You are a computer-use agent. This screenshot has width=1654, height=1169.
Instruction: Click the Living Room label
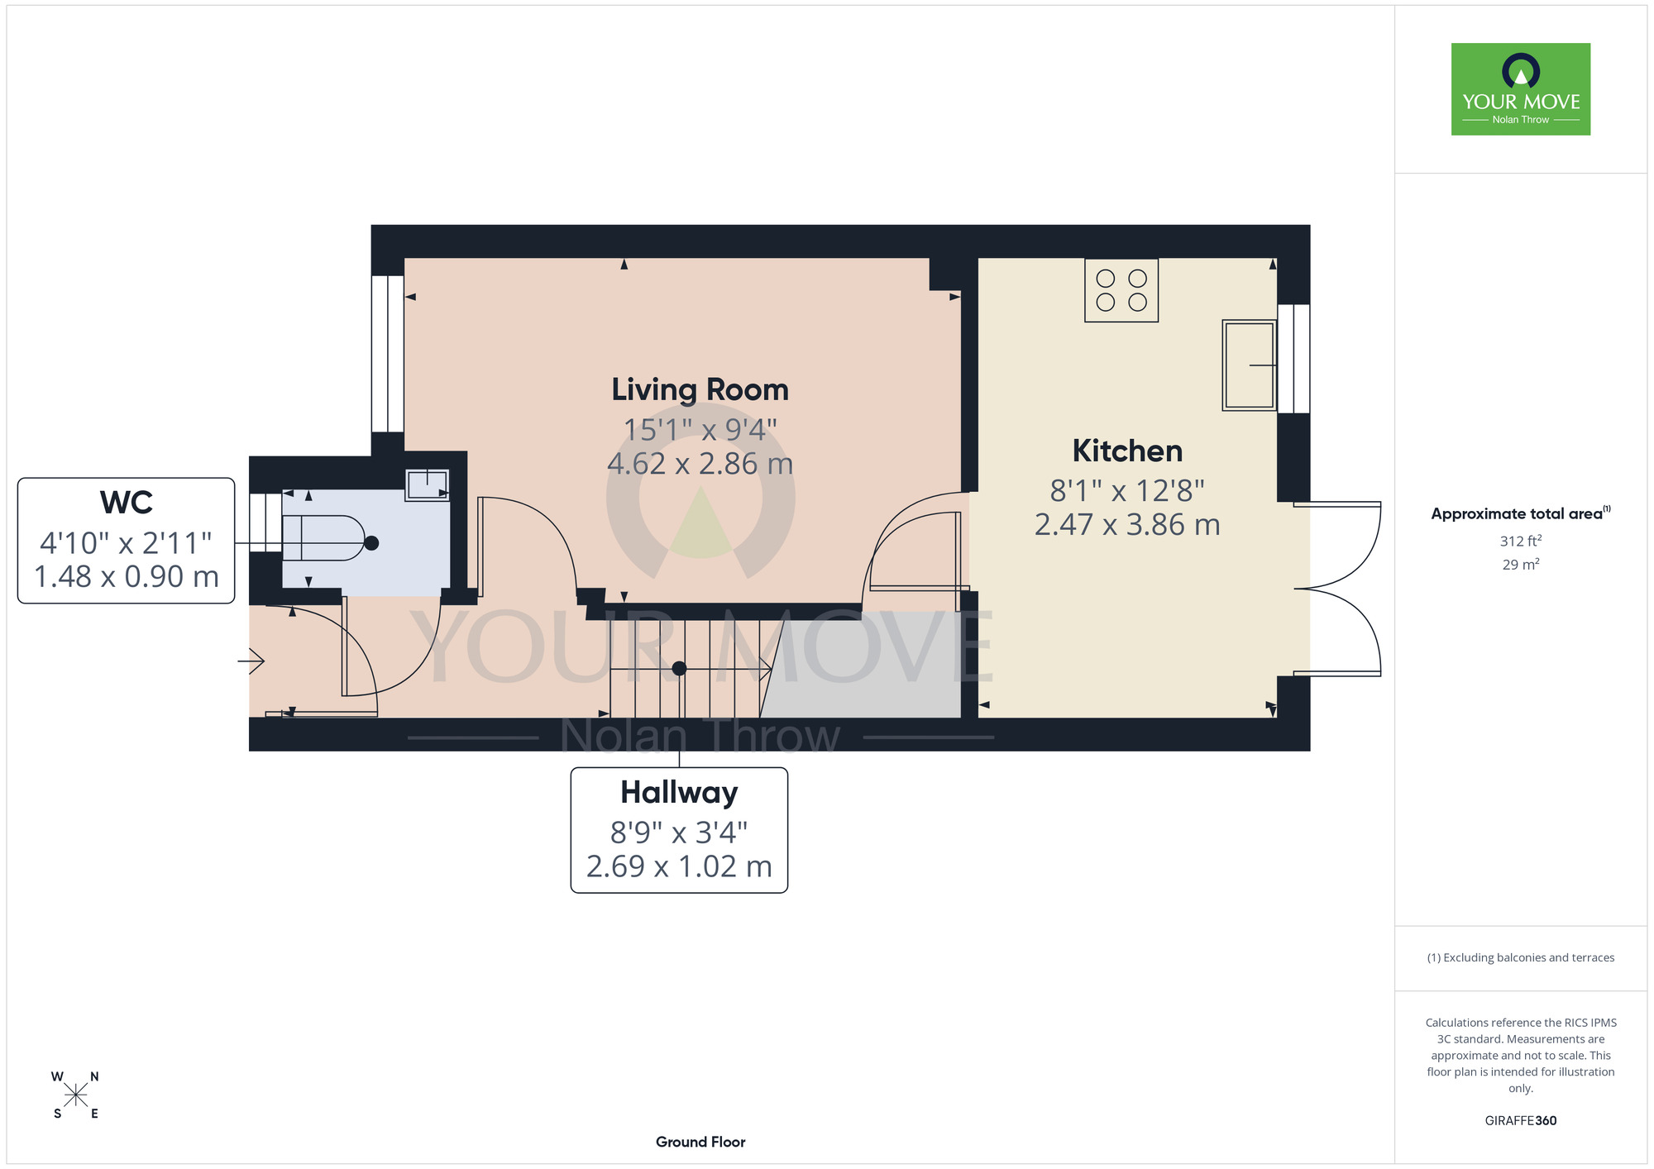click(700, 390)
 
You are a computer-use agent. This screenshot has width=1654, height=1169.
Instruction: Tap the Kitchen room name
click(1127, 451)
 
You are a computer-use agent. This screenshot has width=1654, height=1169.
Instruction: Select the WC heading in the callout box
click(127, 503)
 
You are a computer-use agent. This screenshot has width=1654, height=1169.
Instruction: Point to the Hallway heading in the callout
click(679, 793)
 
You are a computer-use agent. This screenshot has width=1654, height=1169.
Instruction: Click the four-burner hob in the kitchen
click(1121, 290)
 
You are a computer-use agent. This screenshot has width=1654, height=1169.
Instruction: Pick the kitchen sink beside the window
click(1250, 365)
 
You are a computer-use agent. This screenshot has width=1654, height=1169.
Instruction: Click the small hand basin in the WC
click(427, 485)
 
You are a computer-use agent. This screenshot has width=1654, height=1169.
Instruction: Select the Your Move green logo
click(1521, 89)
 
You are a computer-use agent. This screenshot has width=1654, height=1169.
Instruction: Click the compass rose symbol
click(75, 1095)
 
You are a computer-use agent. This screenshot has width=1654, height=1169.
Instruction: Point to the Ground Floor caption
click(700, 1142)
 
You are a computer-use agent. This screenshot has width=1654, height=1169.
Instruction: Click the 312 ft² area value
click(1521, 541)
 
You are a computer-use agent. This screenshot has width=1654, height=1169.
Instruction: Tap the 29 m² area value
click(1521, 565)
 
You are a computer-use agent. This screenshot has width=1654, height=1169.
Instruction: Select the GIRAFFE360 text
click(1521, 1121)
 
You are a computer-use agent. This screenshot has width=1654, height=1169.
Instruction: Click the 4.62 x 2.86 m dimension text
click(700, 464)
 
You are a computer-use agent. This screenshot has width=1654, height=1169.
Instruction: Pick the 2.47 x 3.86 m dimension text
click(1127, 525)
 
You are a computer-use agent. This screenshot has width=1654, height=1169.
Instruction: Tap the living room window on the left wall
click(387, 354)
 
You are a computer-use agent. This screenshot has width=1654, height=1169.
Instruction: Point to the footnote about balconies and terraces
click(1521, 957)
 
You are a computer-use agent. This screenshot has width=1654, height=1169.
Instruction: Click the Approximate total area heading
click(1521, 513)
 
